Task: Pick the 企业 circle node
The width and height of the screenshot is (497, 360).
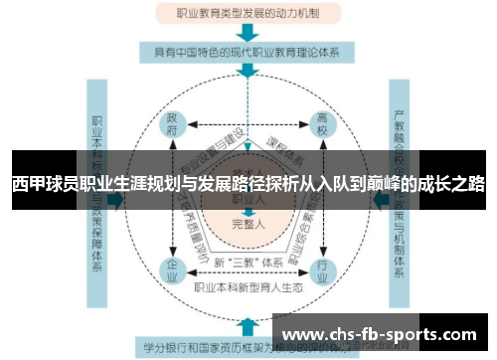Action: [x=171, y=269]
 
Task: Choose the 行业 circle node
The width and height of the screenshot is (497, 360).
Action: [x=322, y=269]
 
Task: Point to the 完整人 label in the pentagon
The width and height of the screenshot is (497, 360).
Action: [x=246, y=225]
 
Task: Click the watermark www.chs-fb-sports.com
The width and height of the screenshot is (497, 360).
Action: [x=385, y=333]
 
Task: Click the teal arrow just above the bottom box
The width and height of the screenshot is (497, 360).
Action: [x=247, y=323]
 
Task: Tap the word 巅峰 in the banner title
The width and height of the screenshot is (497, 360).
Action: [x=386, y=184]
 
